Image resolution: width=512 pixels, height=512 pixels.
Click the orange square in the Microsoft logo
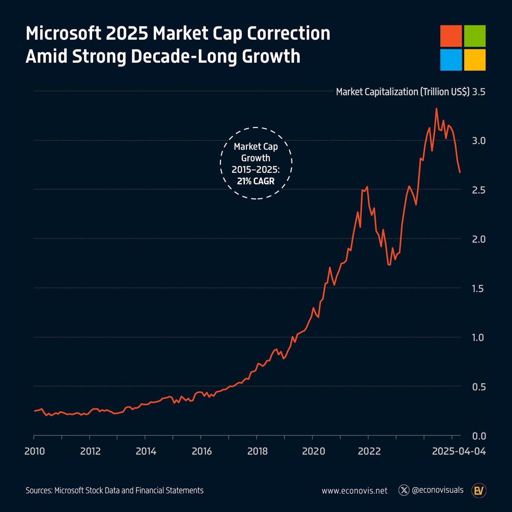coord(451,36)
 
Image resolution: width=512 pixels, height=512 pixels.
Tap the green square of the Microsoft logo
coord(475,36)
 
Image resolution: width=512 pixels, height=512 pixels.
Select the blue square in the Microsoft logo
coord(451,60)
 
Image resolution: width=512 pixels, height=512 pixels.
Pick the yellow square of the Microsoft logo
coord(475,60)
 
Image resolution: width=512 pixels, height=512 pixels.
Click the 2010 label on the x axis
coord(35,451)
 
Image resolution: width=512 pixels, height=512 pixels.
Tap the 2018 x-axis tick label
coord(257,451)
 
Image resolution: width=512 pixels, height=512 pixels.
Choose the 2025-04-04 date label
coord(459,451)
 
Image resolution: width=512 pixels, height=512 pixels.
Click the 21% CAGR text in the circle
coord(256,180)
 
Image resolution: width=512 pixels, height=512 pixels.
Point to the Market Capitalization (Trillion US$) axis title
coord(402,92)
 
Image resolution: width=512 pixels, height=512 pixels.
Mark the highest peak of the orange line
coord(436,108)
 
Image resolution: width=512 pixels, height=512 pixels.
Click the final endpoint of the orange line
coord(460,172)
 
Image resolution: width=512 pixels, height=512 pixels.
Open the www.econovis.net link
coord(355,491)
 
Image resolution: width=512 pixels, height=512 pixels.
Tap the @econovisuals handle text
coord(438,490)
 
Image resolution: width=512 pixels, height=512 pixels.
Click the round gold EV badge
coord(479,491)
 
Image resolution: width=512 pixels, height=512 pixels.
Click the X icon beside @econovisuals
coord(404,490)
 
